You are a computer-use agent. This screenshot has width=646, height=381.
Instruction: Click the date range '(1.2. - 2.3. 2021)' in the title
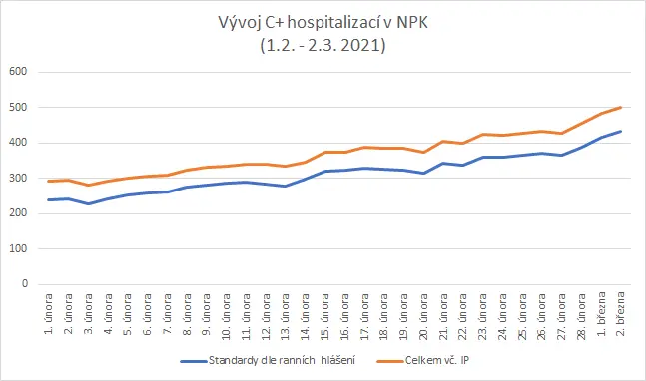point(323,45)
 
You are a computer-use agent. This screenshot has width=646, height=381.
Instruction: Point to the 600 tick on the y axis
point(18,71)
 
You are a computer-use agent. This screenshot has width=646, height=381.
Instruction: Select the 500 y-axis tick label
point(18,107)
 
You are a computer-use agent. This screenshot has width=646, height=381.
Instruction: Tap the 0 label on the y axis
point(25,284)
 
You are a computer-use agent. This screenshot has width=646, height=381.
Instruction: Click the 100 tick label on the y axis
point(18,248)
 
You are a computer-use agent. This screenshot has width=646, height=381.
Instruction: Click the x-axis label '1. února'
point(49,313)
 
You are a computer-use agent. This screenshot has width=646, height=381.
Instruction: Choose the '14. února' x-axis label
point(305,317)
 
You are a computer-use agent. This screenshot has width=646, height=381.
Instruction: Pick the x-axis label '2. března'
point(620,313)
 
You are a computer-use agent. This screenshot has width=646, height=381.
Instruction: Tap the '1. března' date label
point(601,313)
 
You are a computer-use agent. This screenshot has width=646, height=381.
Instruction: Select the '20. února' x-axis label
point(423,317)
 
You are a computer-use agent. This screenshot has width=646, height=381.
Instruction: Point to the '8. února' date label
point(187,314)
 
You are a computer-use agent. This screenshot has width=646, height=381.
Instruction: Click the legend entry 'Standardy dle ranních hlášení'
point(269,361)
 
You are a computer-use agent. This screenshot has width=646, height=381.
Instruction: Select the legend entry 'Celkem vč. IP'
point(423,361)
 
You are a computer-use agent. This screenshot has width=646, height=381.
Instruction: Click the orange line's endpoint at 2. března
point(620,108)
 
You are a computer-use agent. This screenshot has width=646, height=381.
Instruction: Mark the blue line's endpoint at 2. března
point(620,132)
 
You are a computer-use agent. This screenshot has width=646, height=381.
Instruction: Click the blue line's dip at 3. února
point(88,203)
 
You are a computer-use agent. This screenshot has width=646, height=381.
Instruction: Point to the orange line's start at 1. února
point(49,182)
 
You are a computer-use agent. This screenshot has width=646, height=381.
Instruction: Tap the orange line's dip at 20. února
point(423,153)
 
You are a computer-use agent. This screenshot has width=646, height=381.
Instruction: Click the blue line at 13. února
point(286,186)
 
